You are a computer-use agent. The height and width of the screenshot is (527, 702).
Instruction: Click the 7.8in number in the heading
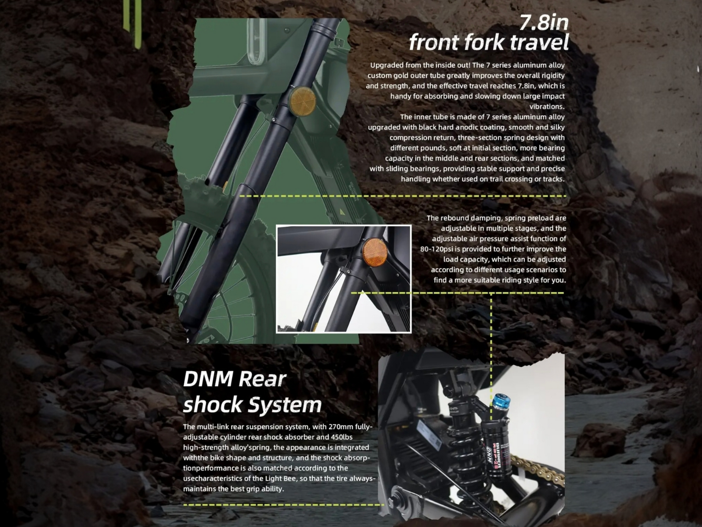click(x=544, y=22)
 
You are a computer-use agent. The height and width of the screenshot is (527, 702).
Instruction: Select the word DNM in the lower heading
click(x=208, y=379)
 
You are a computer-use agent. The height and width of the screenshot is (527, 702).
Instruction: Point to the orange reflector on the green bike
click(x=302, y=101)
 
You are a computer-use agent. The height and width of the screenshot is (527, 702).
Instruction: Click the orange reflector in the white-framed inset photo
click(x=375, y=252)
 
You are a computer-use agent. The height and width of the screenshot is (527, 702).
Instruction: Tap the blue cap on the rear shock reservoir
click(x=502, y=402)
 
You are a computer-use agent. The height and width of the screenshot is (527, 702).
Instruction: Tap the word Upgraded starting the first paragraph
click(x=387, y=65)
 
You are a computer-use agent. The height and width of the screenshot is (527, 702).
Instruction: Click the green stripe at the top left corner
click(x=132, y=23)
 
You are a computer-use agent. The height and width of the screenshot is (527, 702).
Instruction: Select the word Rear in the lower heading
click(x=262, y=379)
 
